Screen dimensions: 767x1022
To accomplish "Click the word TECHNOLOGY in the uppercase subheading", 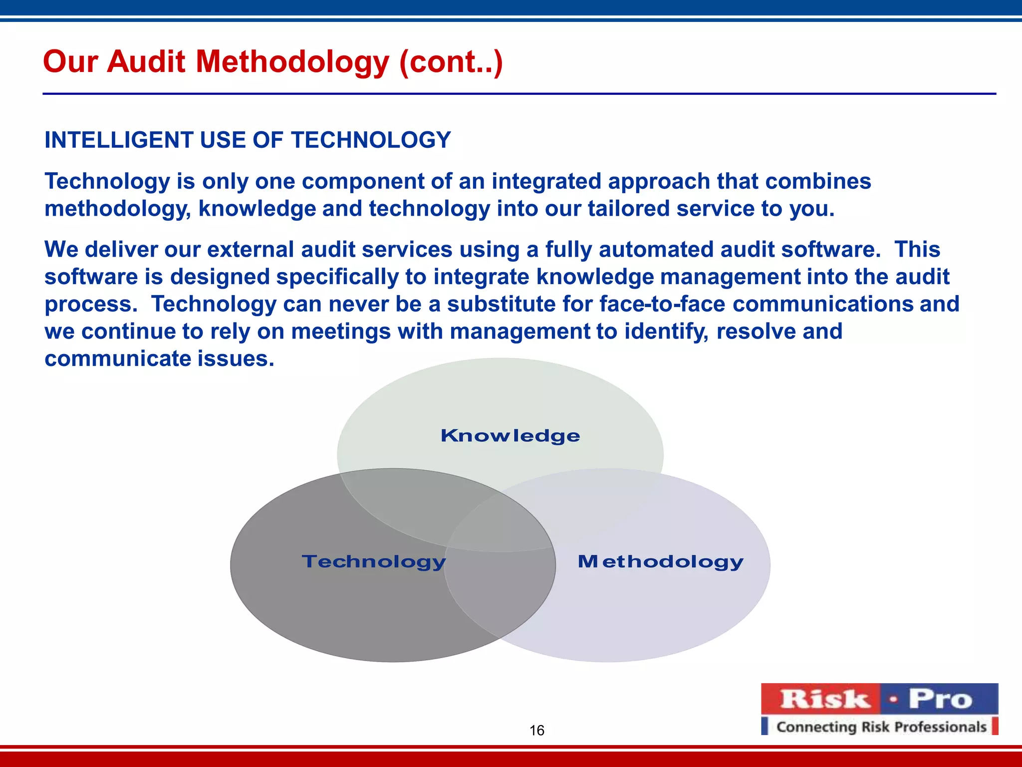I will coord(371,140).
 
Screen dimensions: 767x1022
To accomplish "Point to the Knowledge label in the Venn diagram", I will coord(510,436).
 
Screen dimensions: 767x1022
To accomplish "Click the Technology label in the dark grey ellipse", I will coord(374,562).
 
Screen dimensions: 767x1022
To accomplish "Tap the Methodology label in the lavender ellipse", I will coord(660,562).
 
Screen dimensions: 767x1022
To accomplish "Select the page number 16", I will coord(536,731).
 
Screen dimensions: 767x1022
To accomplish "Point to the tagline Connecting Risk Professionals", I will coord(881,727).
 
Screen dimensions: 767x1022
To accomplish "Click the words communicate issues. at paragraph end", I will coord(159,359).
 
